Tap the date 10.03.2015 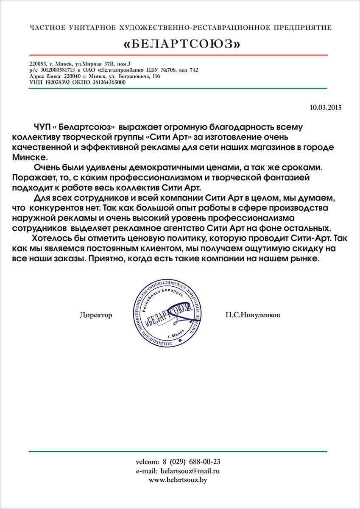pyautogui.click(x=326, y=108)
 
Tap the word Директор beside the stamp pyautogui.click(x=96, y=315)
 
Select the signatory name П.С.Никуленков pyautogui.click(x=253, y=315)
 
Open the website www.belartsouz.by pyautogui.click(x=178, y=480)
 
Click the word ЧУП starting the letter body pyautogui.click(x=41, y=127)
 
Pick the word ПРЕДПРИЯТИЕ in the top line pyautogui.click(x=302, y=28)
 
